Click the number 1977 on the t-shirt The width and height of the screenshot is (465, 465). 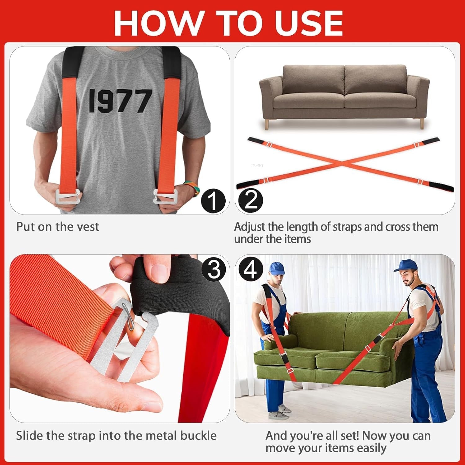[x=120, y=101]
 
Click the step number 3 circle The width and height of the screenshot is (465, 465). [x=214, y=268]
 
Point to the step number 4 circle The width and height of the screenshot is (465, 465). [x=250, y=268]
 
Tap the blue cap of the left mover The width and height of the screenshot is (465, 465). [x=277, y=268]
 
